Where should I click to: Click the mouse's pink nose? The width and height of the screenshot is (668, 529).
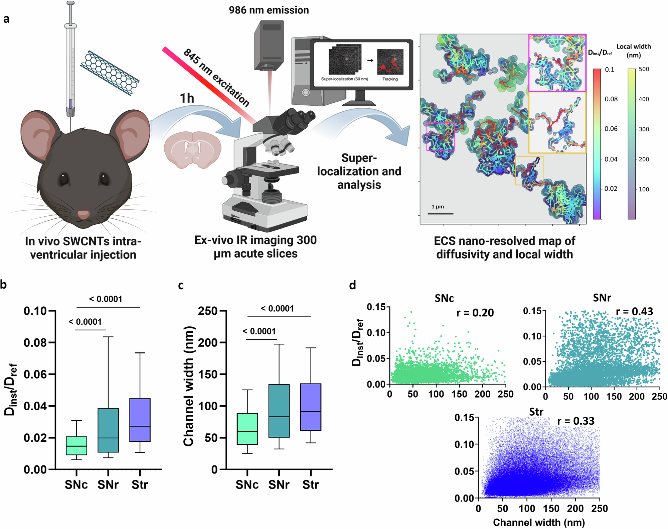click(x=83, y=214)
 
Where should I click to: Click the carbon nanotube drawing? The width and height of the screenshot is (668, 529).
click(x=110, y=73)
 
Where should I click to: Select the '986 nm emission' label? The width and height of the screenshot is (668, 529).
click(x=269, y=10)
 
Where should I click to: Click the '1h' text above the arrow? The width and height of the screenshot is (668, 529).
click(x=187, y=98)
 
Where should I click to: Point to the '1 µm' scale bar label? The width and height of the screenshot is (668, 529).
click(x=438, y=207)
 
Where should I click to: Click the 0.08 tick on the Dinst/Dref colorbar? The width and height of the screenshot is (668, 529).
click(x=611, y=99)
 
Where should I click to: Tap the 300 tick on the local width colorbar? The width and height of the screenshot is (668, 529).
click(x=644, y=129)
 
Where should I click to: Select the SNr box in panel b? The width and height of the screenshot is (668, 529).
click(x=108, y=430)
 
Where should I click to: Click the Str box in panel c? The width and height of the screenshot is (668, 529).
click(x=311, y=407)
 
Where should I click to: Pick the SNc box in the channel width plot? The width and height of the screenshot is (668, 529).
click(x=247, y=429)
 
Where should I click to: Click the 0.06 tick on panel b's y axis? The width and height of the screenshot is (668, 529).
click(x=35, y=374)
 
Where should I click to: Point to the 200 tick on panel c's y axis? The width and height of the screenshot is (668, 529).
click(x=208, y=342)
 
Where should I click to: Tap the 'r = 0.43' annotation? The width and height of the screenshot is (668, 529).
click(x=634, y=311)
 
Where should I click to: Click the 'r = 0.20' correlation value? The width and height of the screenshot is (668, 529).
click(x=475, y=313)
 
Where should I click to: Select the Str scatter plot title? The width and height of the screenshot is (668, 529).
click(x=536, y=412)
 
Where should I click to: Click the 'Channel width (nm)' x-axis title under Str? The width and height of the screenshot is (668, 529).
click(x=539, y=522)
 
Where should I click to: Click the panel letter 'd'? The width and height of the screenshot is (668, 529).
click(x=352, y=285)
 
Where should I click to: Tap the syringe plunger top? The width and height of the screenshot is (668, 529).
click(x=70, y=3)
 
